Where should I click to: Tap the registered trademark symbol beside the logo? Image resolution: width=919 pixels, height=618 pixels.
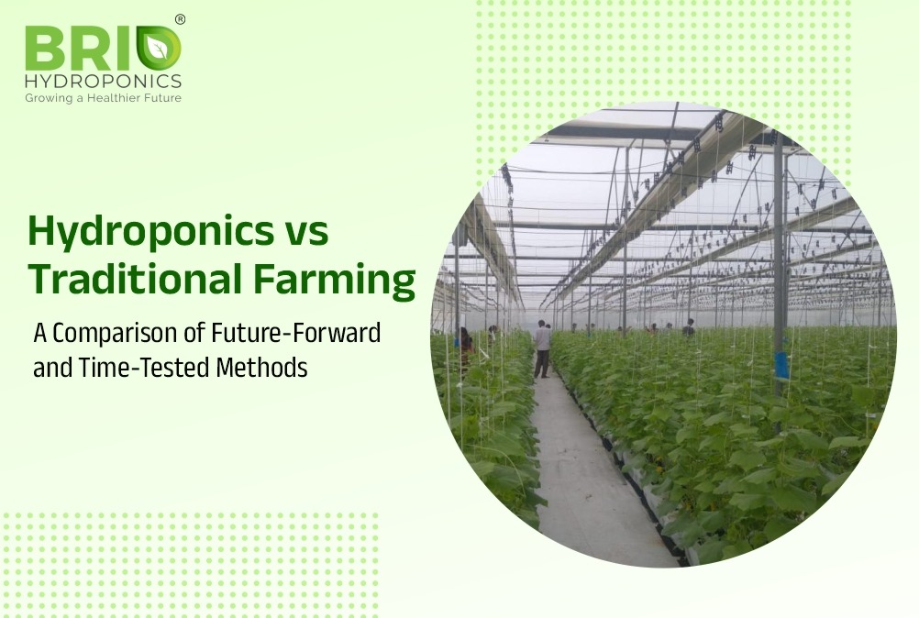(x=180, y=19)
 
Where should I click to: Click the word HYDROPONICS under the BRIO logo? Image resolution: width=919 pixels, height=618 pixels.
(x=103, y=81)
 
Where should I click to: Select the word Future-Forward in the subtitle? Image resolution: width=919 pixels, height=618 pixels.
(x=295, y=332)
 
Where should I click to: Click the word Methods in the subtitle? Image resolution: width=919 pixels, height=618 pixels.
(x=262, y=368)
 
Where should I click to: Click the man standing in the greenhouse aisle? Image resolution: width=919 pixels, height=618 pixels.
(x=542, y=348)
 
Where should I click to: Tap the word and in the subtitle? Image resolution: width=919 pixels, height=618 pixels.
(x=53, y=369)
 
